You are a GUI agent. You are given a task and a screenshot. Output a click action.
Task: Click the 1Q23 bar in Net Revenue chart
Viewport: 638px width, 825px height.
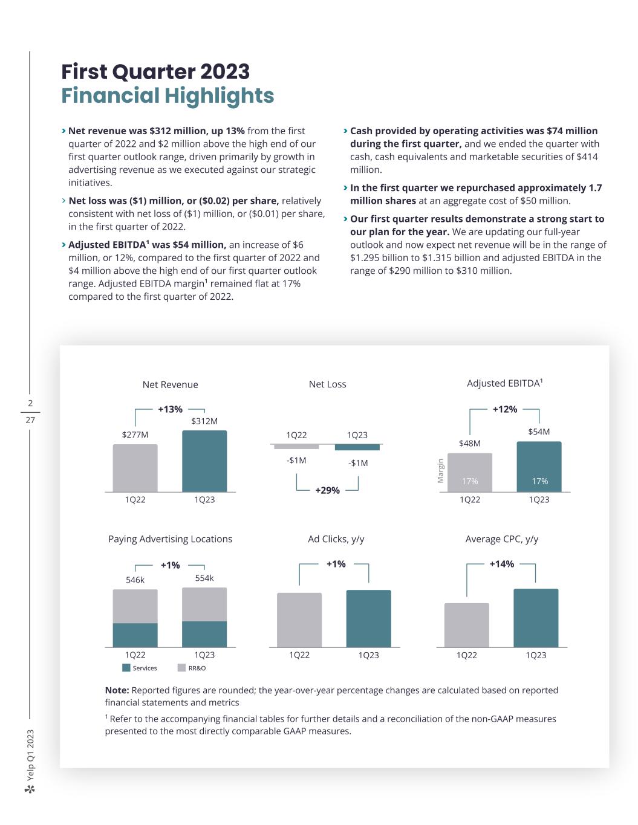pyautogui.click(x=204, y=461)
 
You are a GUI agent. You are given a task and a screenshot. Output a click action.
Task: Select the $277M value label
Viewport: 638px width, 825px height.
pyautogui.click(x=135, y=435)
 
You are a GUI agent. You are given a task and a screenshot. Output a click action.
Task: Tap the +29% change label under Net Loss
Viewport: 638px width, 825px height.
pyautogui.click(x=327, y=490)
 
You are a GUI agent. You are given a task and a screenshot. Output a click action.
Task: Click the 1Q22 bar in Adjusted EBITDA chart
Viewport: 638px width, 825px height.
pyautogui.click(x=470, y=473)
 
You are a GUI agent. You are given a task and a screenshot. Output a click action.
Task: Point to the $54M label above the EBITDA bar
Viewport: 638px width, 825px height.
pyautogui.click(x=539, y=432)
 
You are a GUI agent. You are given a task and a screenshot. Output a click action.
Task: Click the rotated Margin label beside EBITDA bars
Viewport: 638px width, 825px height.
pyautogui.click(x=441, y=471)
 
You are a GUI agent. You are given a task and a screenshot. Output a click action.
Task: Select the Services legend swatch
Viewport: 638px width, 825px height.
pyautogui.click(x=126, y=668)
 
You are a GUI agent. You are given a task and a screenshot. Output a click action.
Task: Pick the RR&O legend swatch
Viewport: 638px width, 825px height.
pyautogui.click(x=181, y=668)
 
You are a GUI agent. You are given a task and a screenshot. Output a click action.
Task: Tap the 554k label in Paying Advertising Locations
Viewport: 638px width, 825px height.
pyautogui.click(x=204, y=578)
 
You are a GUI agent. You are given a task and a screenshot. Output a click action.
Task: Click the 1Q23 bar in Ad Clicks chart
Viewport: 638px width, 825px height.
pyautogui.click(x=368, y=618)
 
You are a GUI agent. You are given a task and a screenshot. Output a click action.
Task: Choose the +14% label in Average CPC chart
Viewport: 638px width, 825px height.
pyautogui.click(x=502, y=564)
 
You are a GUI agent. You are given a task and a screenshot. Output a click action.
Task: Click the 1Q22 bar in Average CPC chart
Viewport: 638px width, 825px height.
pyautogui.click(x=466, y=625)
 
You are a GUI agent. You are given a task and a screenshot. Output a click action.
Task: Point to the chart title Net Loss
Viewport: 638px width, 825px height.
pyautogui.click(x=327, y=384)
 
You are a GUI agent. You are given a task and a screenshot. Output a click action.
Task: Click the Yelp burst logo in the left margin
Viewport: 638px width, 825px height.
pyautogui.click(x=30, y=789)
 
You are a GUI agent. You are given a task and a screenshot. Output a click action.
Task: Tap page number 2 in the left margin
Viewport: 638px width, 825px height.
pyautogui.click(x=30, y=403)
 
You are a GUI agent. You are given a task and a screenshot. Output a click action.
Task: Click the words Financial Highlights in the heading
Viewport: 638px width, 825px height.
pyautogui.click(x=168, y=95)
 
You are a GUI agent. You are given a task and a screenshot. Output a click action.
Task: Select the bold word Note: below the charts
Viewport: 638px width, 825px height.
pyautogui.click(x=117, y=690)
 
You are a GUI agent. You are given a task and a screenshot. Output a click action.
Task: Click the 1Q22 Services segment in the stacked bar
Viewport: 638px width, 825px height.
pyautogui.click(x=135, y=635)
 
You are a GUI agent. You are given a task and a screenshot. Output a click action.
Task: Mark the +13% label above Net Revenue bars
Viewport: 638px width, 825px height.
pyautogui.click(x=170, y=409)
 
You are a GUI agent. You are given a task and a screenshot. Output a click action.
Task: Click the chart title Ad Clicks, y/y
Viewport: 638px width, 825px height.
pyautogui.click(x=336, y=539)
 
